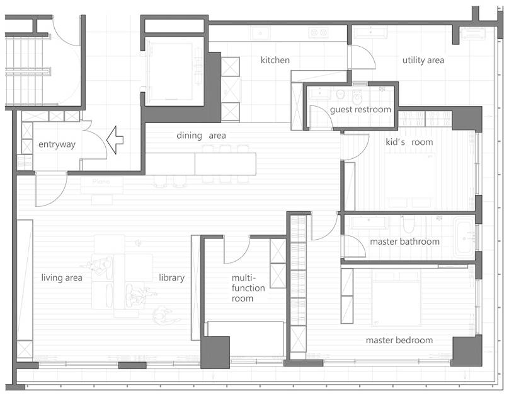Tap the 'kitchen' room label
(275, 60)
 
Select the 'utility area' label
(423, 60)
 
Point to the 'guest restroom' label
(360, 110)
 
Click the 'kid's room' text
(409, 142)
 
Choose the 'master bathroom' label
(405, 242)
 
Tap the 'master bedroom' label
(399, 340)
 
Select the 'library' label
(172, 278)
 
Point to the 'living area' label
(62, 278)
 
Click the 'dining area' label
(201, 136)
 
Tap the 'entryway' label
(57, 144)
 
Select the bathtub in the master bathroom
(464, 237)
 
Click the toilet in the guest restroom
(357, 95)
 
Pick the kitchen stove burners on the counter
(318, 33)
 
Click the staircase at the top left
(28, 71)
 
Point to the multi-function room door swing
(237, 250)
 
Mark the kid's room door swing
(355, 147)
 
